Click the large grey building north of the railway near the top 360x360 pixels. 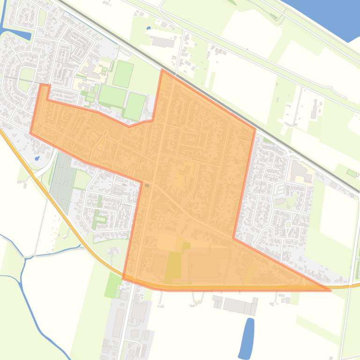(x=163, y=43)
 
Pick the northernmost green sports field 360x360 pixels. (x=123, y=73)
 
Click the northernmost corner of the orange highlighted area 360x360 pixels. (x=162, y=71)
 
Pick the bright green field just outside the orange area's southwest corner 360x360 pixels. (x=113, y=285)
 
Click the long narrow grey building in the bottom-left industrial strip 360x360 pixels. (x=118, y=323)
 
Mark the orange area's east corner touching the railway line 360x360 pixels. (x=255, y=129)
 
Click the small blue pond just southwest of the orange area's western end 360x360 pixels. (x=37, y=158)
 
